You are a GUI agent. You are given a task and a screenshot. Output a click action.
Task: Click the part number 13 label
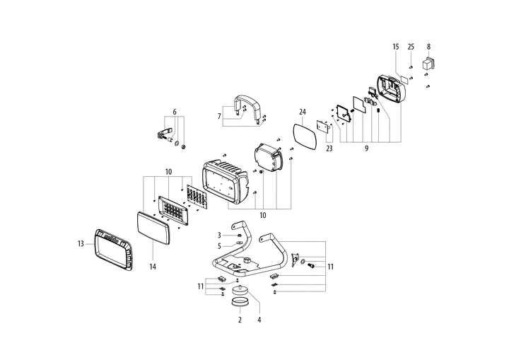tap(81, 244)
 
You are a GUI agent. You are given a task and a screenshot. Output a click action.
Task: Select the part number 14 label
tap(153, 267)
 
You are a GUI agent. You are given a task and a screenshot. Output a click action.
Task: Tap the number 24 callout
tap(303, 112)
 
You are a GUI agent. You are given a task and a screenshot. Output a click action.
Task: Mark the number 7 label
tap(220, 116)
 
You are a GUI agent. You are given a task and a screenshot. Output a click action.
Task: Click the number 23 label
tap(329, 149)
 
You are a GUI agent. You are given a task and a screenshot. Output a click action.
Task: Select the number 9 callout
tap(366, 149)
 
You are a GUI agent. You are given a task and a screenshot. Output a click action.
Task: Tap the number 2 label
tap(240, 320)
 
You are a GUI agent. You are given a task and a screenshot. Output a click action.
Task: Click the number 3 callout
tap(220, 235)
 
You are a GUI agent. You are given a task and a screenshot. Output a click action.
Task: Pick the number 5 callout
tap(220, 246)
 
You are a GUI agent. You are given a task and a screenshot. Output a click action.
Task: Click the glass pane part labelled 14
tap(152, 228)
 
